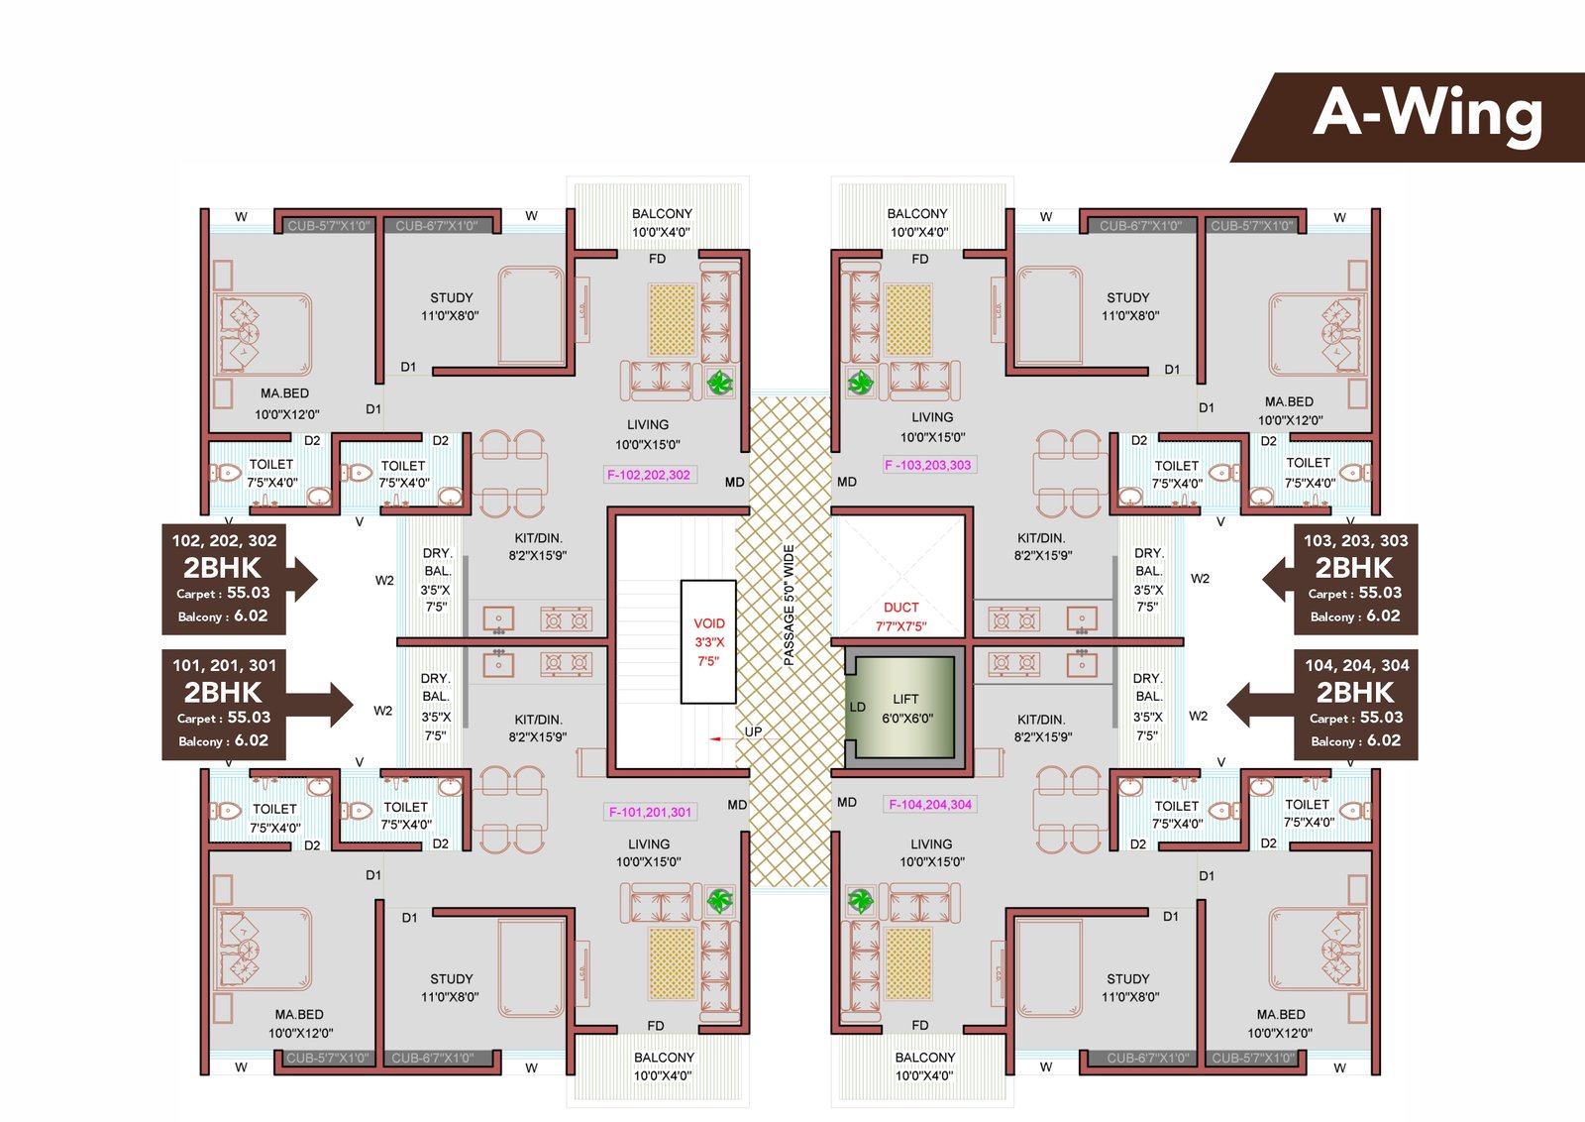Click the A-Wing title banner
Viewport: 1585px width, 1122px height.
pos(1426,115)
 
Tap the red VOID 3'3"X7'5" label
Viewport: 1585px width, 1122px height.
pos(708,641)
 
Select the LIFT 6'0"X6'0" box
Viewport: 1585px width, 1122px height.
pos(904,709)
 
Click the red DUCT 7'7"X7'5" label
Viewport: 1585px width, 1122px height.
pos(900,617)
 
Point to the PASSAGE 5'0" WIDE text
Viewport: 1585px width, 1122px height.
pos(790,605)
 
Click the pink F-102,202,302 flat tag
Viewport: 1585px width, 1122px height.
pos(649,475)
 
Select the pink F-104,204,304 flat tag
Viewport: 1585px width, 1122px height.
pos(930,805)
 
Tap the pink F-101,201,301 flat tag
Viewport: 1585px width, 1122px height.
pos(650,812)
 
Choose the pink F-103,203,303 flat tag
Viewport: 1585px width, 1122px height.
pos(928,465)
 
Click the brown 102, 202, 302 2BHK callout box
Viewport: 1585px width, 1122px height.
pos(224,579)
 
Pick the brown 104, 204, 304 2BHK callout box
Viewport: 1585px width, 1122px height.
pos(1355,704)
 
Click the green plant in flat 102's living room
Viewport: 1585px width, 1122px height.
pos(720,382)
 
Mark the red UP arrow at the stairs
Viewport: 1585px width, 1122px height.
pos(715,738)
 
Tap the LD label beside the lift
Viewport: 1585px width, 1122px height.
pos(858,707)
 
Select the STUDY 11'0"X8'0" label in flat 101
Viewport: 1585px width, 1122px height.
pos(451,987)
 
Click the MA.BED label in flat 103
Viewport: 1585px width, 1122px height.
pos(1288,410)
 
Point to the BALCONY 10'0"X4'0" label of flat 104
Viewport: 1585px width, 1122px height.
pos(924,1066)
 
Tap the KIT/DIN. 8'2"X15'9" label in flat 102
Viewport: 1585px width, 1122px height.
pos(538,546)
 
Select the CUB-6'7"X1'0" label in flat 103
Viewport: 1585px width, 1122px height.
pos(1140,226)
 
